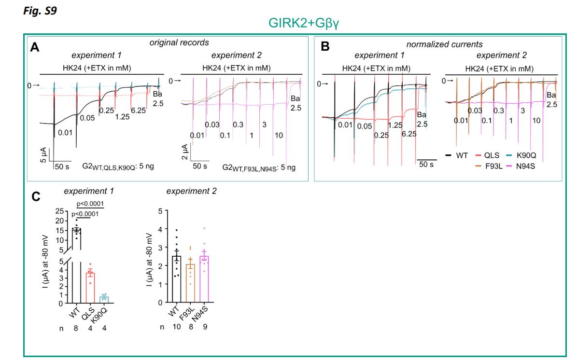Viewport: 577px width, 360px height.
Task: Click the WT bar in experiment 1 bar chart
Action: [76, 265]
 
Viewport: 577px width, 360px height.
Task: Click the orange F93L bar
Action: [191, 283]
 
